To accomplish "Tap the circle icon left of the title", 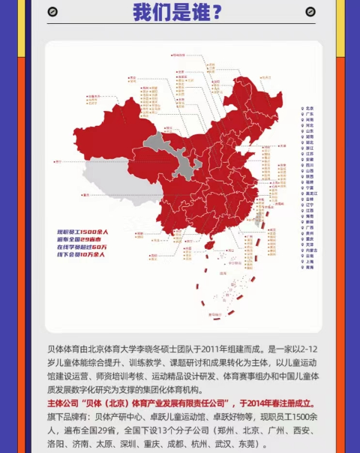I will click(x=52, y=12).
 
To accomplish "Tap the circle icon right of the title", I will click(x=310, y=12).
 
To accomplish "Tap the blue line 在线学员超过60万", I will click(x=83, y=247).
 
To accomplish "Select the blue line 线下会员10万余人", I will click(x=82, y=255).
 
